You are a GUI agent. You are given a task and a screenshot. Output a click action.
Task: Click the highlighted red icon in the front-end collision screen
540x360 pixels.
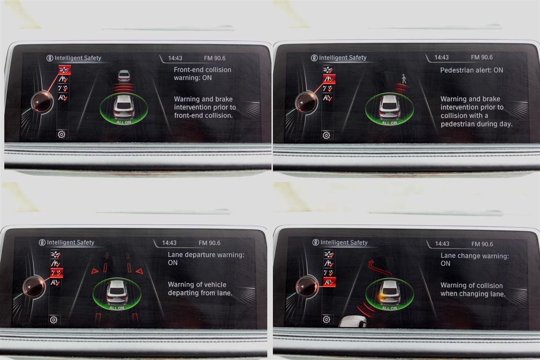[65, 70]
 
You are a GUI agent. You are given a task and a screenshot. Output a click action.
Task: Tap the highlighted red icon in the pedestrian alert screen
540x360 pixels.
[329, 79]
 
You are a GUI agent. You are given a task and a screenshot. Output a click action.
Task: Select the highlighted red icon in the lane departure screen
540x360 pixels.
[57, 273]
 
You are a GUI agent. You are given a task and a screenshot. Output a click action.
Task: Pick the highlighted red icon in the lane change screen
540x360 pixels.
[329, 282]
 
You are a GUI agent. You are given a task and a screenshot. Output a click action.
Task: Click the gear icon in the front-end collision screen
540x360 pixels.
[62, 134]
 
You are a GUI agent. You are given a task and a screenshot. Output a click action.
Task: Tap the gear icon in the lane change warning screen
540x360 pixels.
[326, 319]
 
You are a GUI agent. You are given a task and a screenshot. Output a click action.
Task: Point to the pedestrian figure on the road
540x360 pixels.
[404, 79]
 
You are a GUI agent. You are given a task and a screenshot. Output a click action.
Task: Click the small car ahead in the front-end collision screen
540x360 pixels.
[124, 76]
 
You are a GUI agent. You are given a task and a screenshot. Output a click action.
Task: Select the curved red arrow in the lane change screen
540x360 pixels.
[380, 268]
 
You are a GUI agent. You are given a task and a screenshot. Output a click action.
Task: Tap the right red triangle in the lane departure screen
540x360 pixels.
[139, 271]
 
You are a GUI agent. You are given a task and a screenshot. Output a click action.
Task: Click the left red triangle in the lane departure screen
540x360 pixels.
[95, 271]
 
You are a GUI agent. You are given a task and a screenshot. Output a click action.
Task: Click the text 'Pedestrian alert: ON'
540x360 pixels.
[472, 70]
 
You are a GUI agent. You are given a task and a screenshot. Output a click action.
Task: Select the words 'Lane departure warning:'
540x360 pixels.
[206, 255]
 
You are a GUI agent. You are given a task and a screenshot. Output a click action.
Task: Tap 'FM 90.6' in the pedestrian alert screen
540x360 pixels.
[481, 58]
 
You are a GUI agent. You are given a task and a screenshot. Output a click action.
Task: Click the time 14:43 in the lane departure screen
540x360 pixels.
[169, 243]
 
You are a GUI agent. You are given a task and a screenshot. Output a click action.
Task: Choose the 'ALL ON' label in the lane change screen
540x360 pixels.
[389, 308]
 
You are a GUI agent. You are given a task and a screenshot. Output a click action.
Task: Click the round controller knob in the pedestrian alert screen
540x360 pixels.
[306, 103]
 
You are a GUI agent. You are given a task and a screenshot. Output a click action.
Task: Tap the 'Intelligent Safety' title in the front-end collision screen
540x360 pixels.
[77, 58]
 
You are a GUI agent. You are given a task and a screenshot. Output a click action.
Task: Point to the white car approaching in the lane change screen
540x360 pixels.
[352, 322]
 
